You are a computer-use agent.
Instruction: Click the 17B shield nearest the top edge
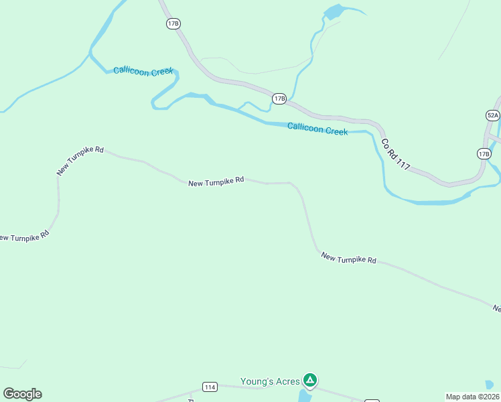tap(173, 23)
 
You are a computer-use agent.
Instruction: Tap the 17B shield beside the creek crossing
tap(279, 99)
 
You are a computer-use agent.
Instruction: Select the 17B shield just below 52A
tap(484, 154)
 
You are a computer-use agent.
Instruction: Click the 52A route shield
tap(492, 115)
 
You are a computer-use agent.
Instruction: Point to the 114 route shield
tap(210, 387)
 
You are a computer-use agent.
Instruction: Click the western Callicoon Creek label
tap(143, 71)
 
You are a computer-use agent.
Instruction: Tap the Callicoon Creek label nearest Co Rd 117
tap(317, 129)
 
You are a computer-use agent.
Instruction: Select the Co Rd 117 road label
tap(395, 154)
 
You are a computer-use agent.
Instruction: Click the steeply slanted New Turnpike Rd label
tap(80, 161)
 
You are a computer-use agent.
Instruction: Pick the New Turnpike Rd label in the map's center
tap(216, 182)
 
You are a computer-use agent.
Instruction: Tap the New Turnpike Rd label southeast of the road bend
tap(348, 258)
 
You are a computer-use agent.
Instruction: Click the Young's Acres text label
tap(270, 382)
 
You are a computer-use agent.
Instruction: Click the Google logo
tap(22, 394)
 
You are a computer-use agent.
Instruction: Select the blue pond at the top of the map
tap(333, 11)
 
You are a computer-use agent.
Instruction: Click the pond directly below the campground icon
tap(304, 397)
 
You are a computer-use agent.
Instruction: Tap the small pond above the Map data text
tap(490, 385)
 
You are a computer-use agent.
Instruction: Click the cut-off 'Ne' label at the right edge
tap(497, 309)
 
